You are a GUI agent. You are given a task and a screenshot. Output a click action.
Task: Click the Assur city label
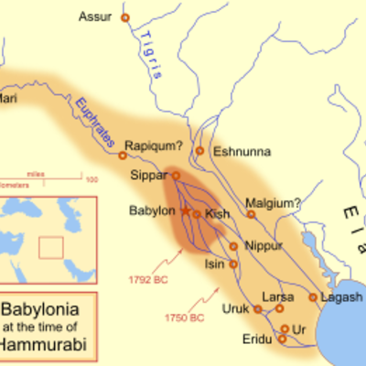(94, 17)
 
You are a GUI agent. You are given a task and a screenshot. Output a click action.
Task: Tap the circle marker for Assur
(125, 17)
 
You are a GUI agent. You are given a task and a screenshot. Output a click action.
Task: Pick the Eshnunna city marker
(199, 151)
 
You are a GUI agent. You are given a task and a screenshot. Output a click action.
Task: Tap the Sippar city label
(151, 174)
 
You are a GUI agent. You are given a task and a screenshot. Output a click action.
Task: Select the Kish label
(219, 213)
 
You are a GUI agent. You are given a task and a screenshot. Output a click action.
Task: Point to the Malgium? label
(273, 202)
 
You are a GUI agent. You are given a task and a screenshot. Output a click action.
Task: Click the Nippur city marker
(232, 246)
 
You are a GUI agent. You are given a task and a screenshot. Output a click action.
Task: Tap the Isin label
(212, 264)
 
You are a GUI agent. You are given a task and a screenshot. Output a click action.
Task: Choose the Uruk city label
(235, 308)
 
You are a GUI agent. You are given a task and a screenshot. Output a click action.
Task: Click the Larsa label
(277, 297)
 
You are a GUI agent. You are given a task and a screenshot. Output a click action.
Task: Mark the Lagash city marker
(313, 297)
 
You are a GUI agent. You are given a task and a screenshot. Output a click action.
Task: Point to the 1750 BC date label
(185, 318)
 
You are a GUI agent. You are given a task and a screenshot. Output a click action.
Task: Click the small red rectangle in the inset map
(51, 247)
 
